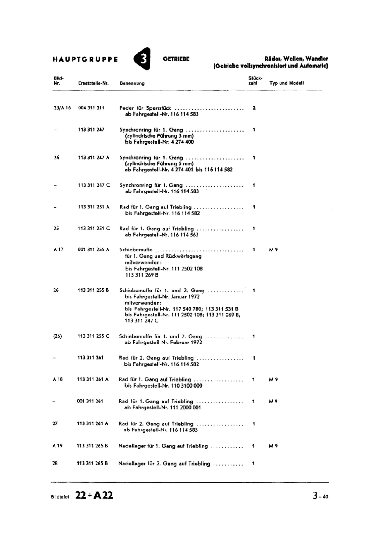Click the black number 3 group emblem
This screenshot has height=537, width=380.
(143, 59)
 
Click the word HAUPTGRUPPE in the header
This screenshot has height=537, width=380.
(85, 60)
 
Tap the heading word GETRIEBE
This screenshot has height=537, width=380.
(176, 59)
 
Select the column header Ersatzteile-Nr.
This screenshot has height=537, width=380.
(94, 83)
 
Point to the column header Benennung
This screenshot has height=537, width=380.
(132, 83)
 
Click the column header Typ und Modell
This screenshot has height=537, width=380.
(286, 83)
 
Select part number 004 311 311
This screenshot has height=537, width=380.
(91, 108)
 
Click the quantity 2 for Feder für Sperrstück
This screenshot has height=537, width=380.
(254, 108)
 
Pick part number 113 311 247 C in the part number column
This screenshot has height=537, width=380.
(94, 185)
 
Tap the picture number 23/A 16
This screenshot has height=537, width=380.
(62, 108)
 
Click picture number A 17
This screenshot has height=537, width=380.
(58, 250)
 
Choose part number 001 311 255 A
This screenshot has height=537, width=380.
(94, 250)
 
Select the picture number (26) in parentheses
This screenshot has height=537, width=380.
(58, 336)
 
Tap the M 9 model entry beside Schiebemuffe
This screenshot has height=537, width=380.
(273, 250)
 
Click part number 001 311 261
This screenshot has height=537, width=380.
(90, 401)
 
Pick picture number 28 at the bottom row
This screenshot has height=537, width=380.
(55, 463)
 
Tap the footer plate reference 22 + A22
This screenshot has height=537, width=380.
(94, 495)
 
